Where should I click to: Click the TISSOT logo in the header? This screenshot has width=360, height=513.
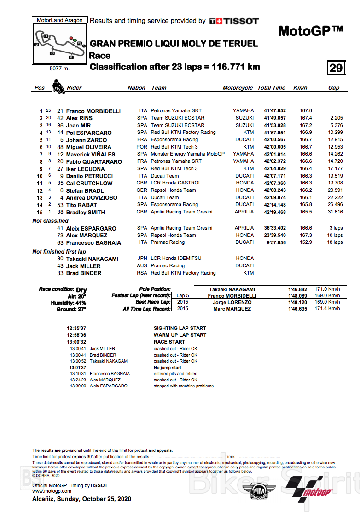click(234, 21)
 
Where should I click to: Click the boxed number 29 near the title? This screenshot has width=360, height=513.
click(336, 68)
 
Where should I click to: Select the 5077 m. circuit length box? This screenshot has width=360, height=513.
click(59, 69)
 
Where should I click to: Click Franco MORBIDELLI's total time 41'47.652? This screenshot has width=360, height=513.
click(275, 111)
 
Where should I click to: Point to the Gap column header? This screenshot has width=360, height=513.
click(334, 88)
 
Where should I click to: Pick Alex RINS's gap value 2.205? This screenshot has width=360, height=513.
click(336, 118)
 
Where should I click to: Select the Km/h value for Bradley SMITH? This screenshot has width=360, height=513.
click(306, 212)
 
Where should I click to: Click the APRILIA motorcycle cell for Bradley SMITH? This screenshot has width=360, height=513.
click(244, 212)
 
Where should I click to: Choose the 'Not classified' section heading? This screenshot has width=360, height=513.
click(50, 221)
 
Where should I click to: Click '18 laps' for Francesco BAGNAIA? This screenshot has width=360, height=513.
click(335, 242)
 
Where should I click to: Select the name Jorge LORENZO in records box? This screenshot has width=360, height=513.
click(232, 303)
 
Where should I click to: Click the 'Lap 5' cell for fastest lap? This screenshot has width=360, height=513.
click(182, 296)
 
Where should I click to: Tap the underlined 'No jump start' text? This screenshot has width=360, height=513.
click(167, 368)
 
